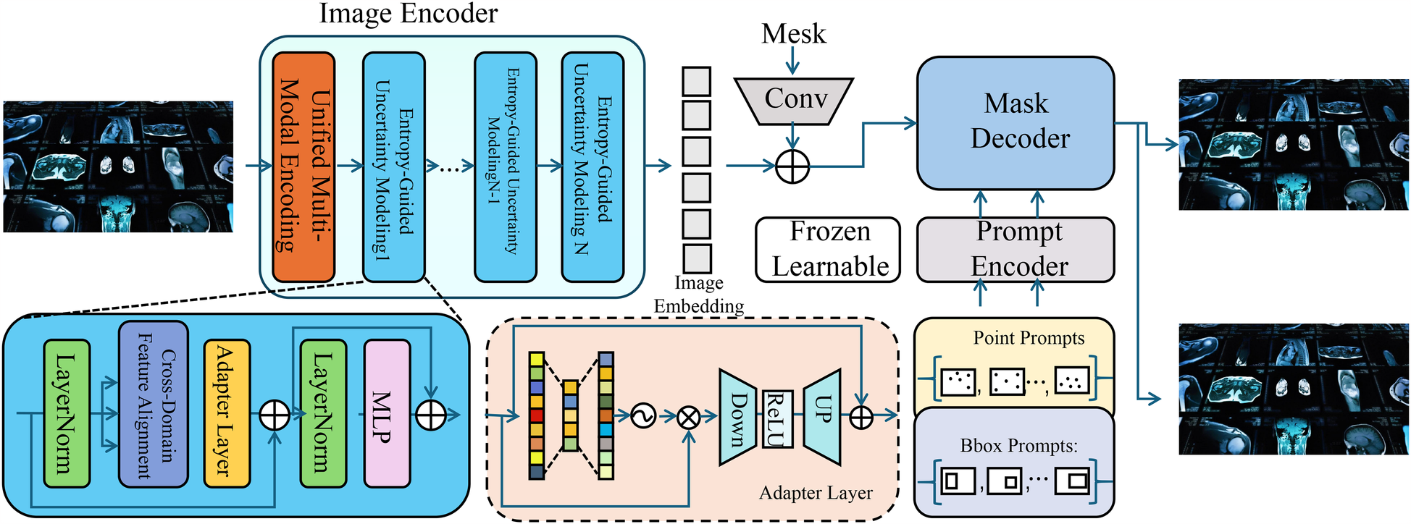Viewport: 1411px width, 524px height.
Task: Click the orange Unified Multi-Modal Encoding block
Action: click(x=303, y=166)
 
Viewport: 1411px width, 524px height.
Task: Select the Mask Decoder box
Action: click(x=1016, y=122)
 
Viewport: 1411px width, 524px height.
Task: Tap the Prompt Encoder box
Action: click(x=1016, y=249)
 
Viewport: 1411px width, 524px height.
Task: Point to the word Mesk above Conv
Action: click(x=793, y=34)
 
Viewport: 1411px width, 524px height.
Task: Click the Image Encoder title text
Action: click(x=409, y=14)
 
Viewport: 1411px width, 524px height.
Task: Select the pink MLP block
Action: click(x=387, y=413)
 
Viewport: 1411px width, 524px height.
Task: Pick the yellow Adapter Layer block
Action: click(x=227, y=413)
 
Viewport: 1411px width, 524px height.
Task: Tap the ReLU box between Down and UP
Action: click(x=777, y=419)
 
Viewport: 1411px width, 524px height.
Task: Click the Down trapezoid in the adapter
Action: click(x=739, y=418)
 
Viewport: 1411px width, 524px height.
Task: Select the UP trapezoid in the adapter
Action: click(x=823, y=417)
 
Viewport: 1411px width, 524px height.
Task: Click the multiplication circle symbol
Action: click(x=689, y=417)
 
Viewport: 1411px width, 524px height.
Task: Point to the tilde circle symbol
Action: click(x=643, y=416)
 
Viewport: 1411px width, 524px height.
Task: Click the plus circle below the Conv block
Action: click(x=792, y=166)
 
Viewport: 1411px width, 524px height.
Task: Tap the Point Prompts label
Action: click(x=1029, y=338)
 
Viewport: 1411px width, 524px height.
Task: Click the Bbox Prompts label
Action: click(x=1018, y=446)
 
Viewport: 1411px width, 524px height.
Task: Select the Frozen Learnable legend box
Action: click(x=828, y=250)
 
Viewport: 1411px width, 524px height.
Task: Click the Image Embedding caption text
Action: click(x=698, y=295)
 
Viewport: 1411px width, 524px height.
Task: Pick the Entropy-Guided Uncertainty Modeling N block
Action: click(x=593, y=166)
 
